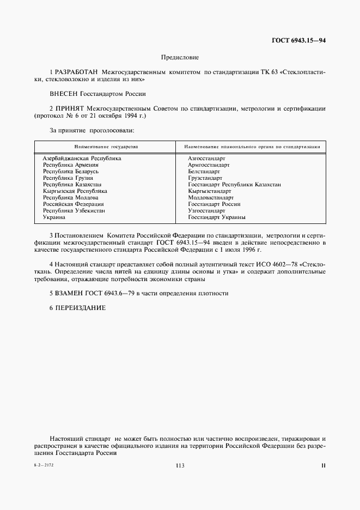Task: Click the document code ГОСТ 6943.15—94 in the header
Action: pos(299,40)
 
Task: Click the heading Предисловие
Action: pos(180,57)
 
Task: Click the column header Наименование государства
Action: pos(106,147)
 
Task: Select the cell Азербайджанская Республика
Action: pos(82,158)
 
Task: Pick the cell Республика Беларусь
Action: pos(71,171)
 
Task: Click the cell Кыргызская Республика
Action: pos(75,191)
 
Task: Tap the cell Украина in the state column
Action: pos(54,217)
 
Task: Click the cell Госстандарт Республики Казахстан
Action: pos(234,184)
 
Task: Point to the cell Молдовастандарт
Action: pos(210,197)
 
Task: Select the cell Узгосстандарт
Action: pos(206,210)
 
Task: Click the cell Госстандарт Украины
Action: pos(216,217)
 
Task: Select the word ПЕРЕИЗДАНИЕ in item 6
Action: pos(80,308)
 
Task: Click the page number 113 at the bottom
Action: pos(180,465)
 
